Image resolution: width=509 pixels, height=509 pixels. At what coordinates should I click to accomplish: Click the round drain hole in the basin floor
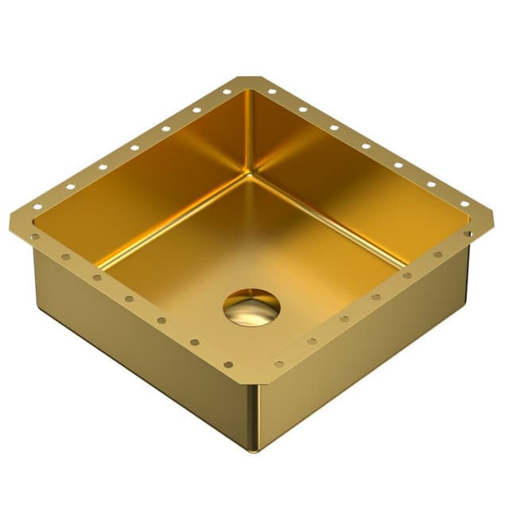point(251,307)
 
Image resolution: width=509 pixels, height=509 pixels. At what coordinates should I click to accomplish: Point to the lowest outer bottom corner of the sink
point(254,450)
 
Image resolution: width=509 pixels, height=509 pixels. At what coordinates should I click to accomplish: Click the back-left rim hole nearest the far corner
point(227,92)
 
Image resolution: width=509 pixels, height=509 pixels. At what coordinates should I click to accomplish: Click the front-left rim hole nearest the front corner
point(228,364)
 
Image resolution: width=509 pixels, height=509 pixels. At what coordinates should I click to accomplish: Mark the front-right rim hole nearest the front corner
point(279,364)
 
